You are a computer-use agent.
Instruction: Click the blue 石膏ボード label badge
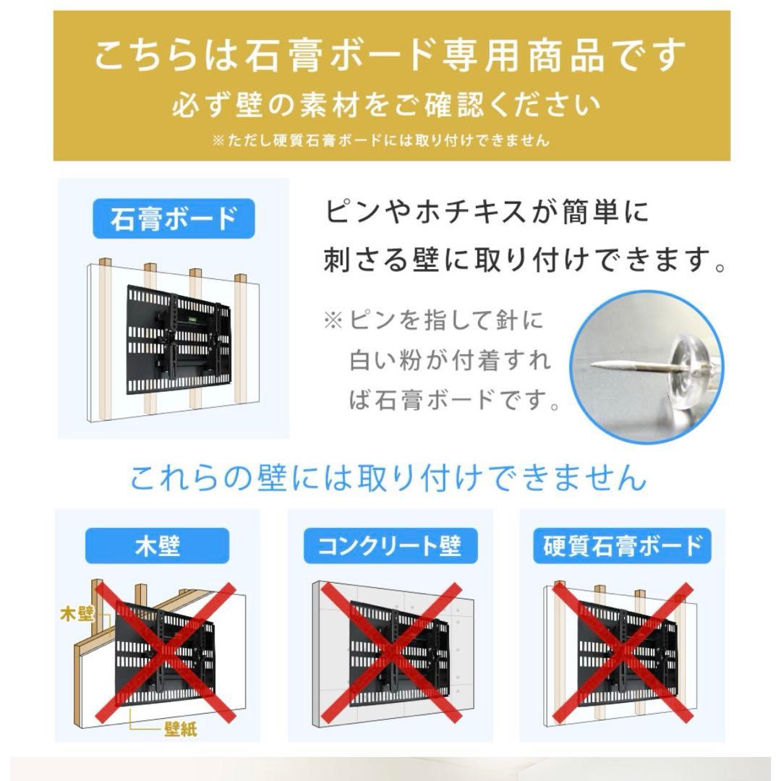[174, 218]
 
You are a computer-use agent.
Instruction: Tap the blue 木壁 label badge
[157, 546]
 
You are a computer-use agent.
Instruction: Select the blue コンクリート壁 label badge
[390, 546]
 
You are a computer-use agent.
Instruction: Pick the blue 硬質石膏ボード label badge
[623, 546]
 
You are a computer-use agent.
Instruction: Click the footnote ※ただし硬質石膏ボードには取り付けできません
[381, 140]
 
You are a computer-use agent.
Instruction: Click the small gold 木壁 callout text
[77, 615]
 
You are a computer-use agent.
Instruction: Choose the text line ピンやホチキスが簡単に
[487, 213]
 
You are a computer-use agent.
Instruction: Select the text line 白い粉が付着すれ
[450, 359]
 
